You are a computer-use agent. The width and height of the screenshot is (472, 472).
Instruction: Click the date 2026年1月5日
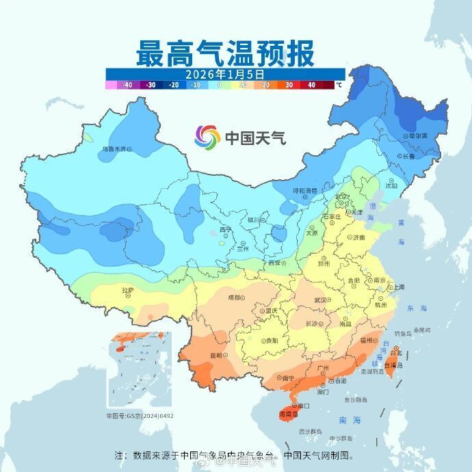(x=225, y=73)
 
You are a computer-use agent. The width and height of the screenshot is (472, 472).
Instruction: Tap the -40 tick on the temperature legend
(x=127, y=85)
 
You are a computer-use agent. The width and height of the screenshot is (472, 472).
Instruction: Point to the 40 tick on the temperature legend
(x=311, y=85)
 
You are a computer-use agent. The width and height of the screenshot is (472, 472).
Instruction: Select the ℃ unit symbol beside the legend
(x=339, y=86)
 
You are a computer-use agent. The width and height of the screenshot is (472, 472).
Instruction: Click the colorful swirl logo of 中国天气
(x=207, y=137)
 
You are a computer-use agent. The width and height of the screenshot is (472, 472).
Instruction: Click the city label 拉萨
(x=128, y=291)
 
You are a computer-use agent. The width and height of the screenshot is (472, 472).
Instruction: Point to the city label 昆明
(x=216, y=355)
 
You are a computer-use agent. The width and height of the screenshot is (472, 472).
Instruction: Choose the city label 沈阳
(x=391, y=185)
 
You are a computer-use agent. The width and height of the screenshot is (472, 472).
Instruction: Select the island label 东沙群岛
(x=355, y=399)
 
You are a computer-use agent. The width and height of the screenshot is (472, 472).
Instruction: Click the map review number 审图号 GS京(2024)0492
(x=140, y=415)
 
